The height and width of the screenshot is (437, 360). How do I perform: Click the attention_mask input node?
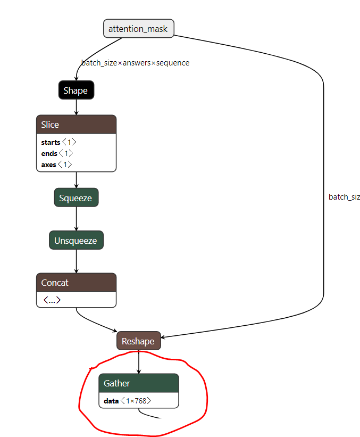pyautogui.click(x=138, y=29)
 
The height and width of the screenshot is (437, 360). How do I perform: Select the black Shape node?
pyautogui.click(x=76, y=90)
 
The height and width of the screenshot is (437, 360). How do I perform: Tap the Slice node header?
pyautogui.click(x=76, y=125)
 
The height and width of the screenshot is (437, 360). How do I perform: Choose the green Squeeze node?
pyautogui.click(x=76, y=198)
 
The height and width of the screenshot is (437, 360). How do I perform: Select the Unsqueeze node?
pyautogui.click(x=76, y=241)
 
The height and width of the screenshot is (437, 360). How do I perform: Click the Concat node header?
pyautogui.click(x=76, y=283)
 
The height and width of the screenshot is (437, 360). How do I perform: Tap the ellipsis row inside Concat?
pyautogui.click(x=52, y=300)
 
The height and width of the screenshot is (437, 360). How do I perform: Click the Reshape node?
pyautogui.click(x=138, y=341)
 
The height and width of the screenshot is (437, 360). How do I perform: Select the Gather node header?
pyautogui.click(x=138, y=383)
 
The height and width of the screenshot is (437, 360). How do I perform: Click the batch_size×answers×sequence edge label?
pyautogui.click(x=135, y=63)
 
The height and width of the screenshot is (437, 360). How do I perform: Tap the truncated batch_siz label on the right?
pyautogui.click(x=344, y=197)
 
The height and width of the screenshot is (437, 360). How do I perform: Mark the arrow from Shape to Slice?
pyautogui.click(x=76, y=107)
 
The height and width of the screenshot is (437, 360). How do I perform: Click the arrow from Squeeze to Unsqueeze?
pyautogui.click(x=76, y=219)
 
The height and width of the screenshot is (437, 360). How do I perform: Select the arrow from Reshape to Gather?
pyautogui.click(x=138, y=362)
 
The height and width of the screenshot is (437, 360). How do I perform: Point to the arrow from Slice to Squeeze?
pyautogui.click(x=76, y=180)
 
